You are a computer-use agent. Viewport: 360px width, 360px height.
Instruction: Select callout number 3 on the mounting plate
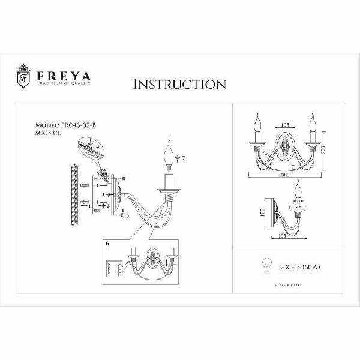point(103,195)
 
